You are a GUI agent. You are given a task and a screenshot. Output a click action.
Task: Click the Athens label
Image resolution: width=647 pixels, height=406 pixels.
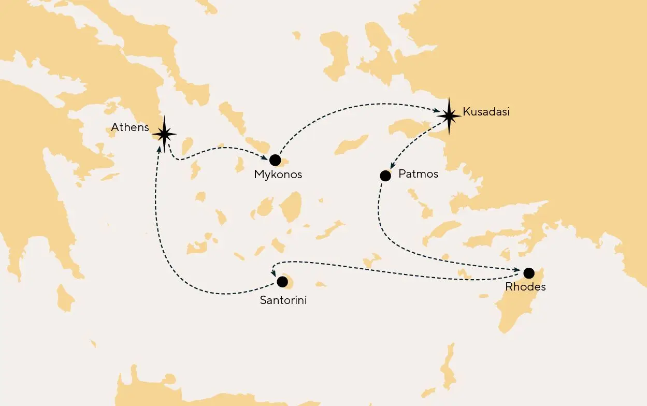click(130, 127)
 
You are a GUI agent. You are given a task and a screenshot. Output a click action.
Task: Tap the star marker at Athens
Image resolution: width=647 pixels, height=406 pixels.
click(164, 134)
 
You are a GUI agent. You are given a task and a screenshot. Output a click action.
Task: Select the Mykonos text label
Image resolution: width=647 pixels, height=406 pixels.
click(278, 175)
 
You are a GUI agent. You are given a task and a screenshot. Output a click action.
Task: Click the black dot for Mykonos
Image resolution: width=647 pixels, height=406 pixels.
click(275, 160)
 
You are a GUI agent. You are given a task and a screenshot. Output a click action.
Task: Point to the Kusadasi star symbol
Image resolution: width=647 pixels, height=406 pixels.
click(449, 115)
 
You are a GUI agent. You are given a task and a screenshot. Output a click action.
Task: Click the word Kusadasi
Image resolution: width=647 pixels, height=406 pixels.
click(486, 112)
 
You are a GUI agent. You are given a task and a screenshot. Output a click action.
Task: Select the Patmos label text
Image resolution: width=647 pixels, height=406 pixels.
click(418, 174)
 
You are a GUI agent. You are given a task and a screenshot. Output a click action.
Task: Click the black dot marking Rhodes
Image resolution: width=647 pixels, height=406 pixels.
click(528, 272)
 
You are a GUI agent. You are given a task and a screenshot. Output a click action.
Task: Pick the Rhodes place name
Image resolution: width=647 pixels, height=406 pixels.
click(525, 286)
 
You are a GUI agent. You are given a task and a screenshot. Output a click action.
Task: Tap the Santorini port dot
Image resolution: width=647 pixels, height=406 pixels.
click(282, 282)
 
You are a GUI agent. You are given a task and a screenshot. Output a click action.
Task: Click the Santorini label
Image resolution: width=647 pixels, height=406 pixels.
click(283, 300)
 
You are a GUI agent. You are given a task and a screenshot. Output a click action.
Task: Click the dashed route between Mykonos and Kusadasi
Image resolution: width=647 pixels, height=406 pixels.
click(352, 106)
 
